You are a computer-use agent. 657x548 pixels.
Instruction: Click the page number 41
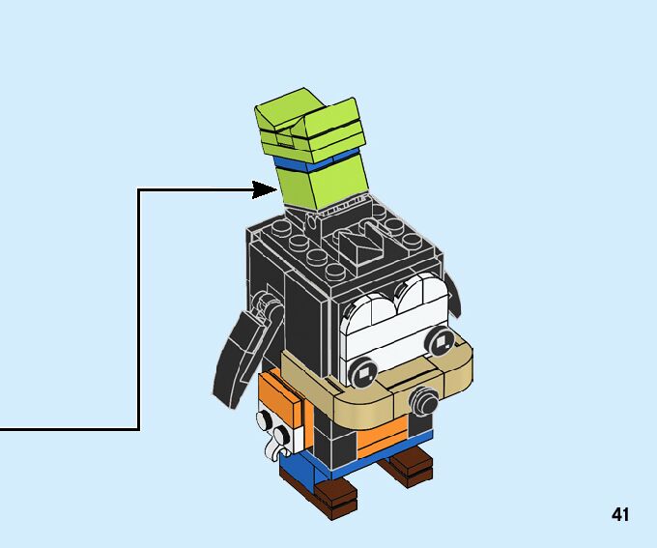tap(620, 515)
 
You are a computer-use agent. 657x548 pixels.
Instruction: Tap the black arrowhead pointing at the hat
tap(267, 189)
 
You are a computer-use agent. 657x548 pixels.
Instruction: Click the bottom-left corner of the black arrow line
tap(139, 429)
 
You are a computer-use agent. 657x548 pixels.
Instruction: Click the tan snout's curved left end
tap(290, 372)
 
